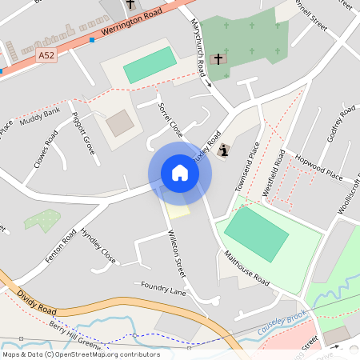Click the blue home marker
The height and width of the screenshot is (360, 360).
point(180,173)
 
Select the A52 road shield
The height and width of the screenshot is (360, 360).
point(46,56)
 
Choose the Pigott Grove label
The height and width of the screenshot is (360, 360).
point(83,133)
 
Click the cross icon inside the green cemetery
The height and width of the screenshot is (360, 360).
point(218,58)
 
